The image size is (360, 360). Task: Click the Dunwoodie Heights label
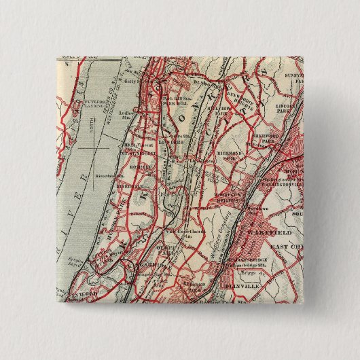click(x=239, y=100)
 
